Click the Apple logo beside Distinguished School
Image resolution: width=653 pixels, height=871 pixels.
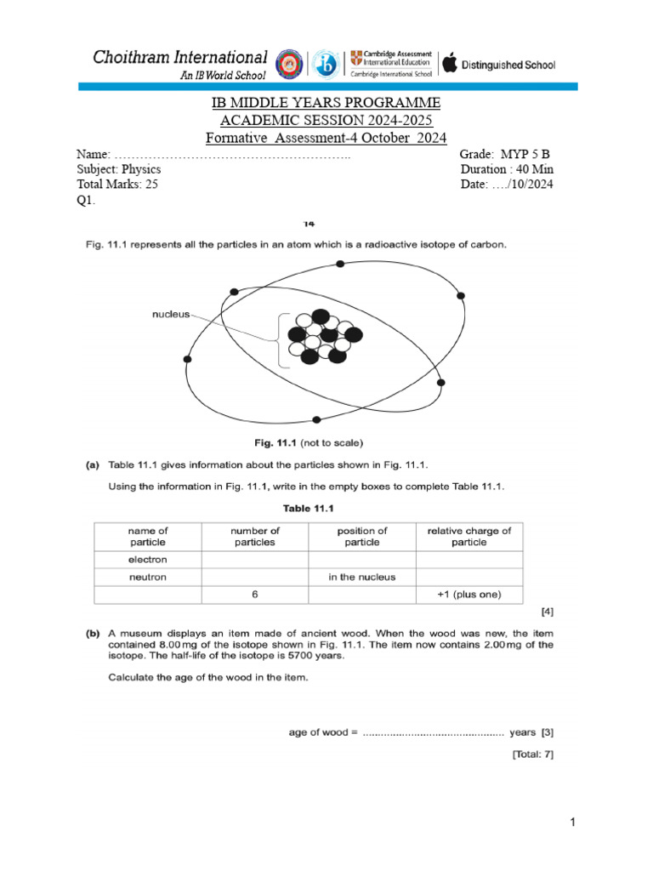(x=450, y=63)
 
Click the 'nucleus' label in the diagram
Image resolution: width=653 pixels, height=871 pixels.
(x=171, y=314)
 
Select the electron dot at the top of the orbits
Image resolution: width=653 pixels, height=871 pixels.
(x=341, y=265)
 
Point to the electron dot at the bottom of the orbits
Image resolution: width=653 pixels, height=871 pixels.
(x=317, y=419)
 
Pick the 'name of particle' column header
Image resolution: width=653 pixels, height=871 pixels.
(x=148, y=536)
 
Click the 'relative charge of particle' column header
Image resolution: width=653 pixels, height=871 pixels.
(x=468, y=536)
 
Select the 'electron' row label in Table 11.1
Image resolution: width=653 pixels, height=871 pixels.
(x=148, y=560)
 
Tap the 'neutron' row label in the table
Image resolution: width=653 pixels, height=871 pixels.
(x=148, y=577)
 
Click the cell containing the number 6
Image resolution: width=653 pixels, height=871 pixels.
(x=255, y=595)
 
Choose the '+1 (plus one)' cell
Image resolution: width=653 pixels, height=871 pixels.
(x=468, y=595)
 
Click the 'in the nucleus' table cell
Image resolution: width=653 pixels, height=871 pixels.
(x=362, y=577)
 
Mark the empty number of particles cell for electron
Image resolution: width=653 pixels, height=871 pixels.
(x=255, y=560)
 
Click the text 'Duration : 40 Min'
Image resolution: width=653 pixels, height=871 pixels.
(x=506, y=168)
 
